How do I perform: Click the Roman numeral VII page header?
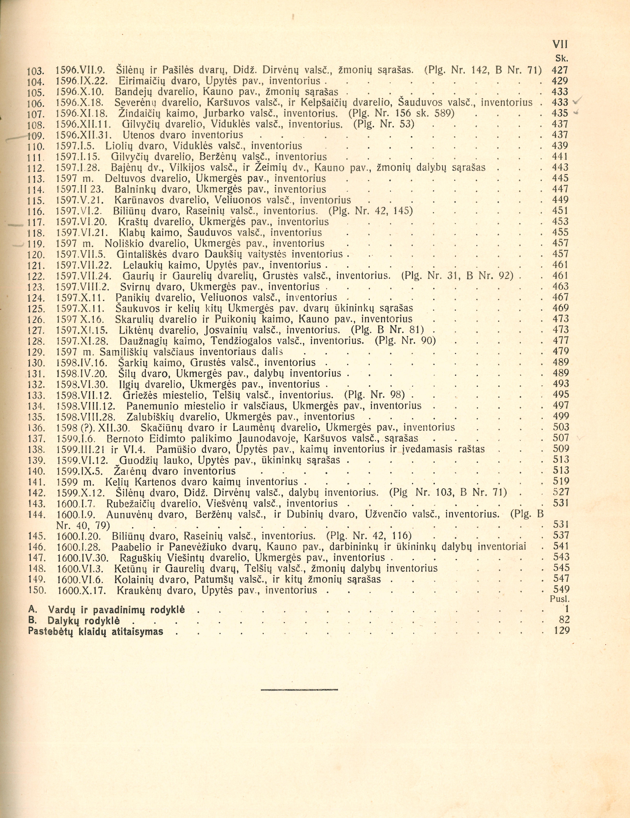pos(560,44)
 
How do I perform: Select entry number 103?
pos(36,70)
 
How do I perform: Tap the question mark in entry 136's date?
pos(87,428)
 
